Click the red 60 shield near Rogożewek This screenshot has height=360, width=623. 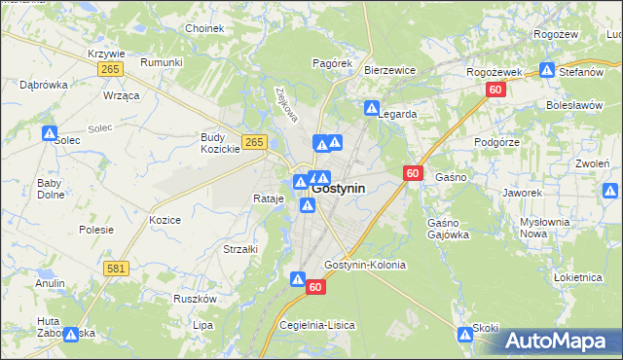pyautogui.click(x=495, y=90)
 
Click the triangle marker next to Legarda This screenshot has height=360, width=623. pyautogui.click(x=371, y=109)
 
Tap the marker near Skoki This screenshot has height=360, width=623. pyautogui.click(x=464, y=335)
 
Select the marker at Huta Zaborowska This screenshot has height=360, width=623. pyautogui.click(x=71, y=334)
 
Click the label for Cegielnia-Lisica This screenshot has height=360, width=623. pyautogui.click(x=317, y=324)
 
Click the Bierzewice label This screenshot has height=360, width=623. pyautogui.click(x=390, y=70)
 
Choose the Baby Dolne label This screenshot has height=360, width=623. pyautogui.click(x=49, y=188)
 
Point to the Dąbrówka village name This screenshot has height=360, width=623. pyautogui.click(x=44, y=85)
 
